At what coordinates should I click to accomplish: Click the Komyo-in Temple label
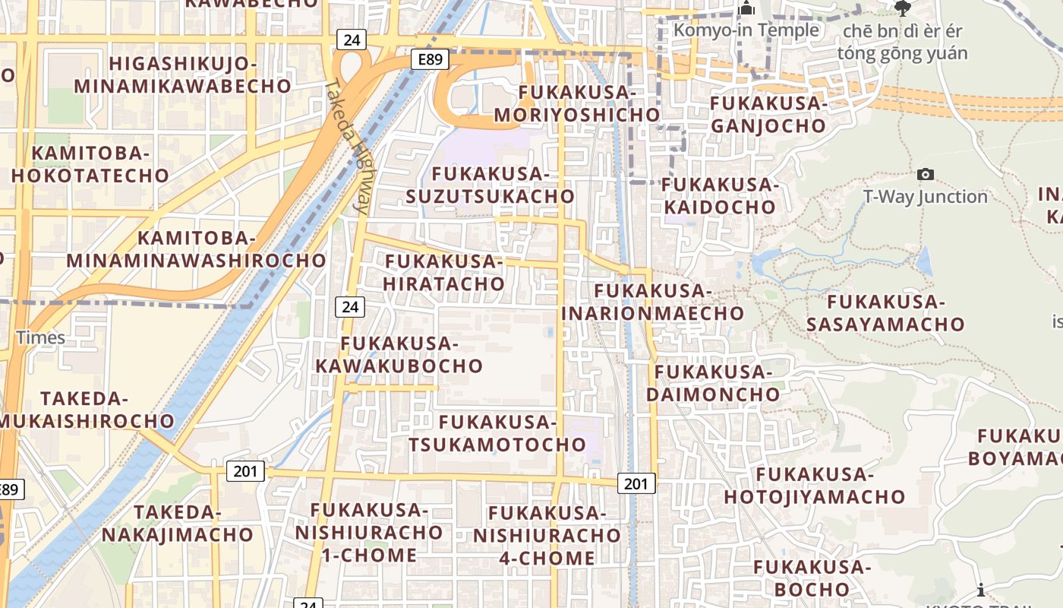[x=746, y=30]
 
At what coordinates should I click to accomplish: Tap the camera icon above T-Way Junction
[x=926, y=175]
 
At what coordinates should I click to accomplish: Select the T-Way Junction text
[x=926, y=197]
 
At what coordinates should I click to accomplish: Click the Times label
[x=41, y=337]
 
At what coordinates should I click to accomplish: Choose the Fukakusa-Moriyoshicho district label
[x=577, y=103]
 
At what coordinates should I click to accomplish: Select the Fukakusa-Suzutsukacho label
[x=490, y=185]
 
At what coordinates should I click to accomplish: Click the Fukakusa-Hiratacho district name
[x=444, y=273]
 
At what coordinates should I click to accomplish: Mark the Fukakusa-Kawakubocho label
[x=399, y=355]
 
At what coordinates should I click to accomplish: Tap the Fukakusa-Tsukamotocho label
[x=498, y=433]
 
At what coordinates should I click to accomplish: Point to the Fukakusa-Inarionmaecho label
[x=653, y=302]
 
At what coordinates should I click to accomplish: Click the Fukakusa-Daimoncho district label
[x=713, y=383]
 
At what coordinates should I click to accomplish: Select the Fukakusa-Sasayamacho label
[x=885, y=313]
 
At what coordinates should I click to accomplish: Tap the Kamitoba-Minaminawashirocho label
[x=196, y=249]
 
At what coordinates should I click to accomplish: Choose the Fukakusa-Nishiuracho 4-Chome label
[x=547, y=536]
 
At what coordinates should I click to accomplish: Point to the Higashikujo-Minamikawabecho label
[x=182, y=74]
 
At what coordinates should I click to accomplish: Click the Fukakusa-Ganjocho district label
[x=768, y=114]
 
